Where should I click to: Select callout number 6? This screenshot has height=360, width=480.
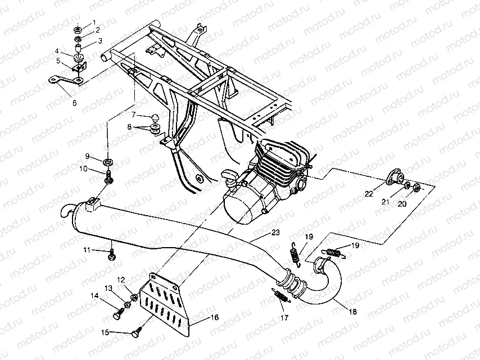pyautogui.click(x=74, y=103)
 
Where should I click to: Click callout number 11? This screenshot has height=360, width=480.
pyautogui.click(x=87, y=249)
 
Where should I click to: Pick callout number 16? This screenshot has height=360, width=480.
pyautogui.click(x=215, y=317)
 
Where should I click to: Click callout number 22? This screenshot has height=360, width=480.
pyautogui.click(x=369, y=194)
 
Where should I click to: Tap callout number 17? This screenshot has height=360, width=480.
pyautogui.click(x=284, y=318)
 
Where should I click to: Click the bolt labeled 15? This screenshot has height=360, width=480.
pyautogui.click(x=135, y=333)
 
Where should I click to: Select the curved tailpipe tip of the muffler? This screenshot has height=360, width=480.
pyautogui.click(x=66, y=211)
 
